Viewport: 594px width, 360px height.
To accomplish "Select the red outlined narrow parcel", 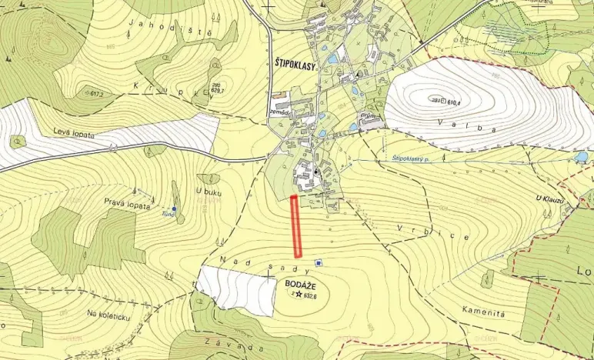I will tap(295, 226).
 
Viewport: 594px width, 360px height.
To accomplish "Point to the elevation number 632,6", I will tap(311, 295).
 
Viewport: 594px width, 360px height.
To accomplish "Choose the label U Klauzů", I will tap(550, 198).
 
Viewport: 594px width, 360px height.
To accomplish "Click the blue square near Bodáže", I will tap(319, 264).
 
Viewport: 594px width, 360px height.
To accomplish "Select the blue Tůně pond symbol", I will tap(175, 209).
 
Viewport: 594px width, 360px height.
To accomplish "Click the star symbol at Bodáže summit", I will tap(298, 294).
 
